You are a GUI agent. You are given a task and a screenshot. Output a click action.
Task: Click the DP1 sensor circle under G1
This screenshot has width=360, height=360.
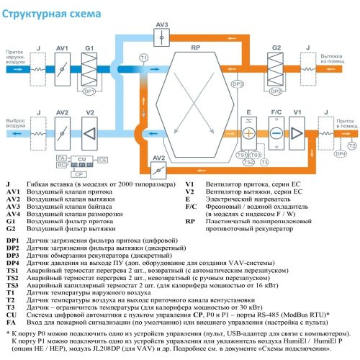[x=89, y=92]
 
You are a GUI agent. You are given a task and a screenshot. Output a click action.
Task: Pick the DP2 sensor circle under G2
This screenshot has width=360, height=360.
[x=276, y=92]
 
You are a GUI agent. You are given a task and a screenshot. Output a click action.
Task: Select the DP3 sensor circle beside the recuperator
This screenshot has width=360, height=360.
[x=238, y=84]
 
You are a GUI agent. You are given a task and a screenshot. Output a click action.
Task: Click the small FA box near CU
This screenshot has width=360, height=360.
[x=62, y=157]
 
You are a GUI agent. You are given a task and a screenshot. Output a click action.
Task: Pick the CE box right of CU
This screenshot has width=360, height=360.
[x=102, y=161]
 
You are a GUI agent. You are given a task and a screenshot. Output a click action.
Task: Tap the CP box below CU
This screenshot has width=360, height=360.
[x=79, y=174]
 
